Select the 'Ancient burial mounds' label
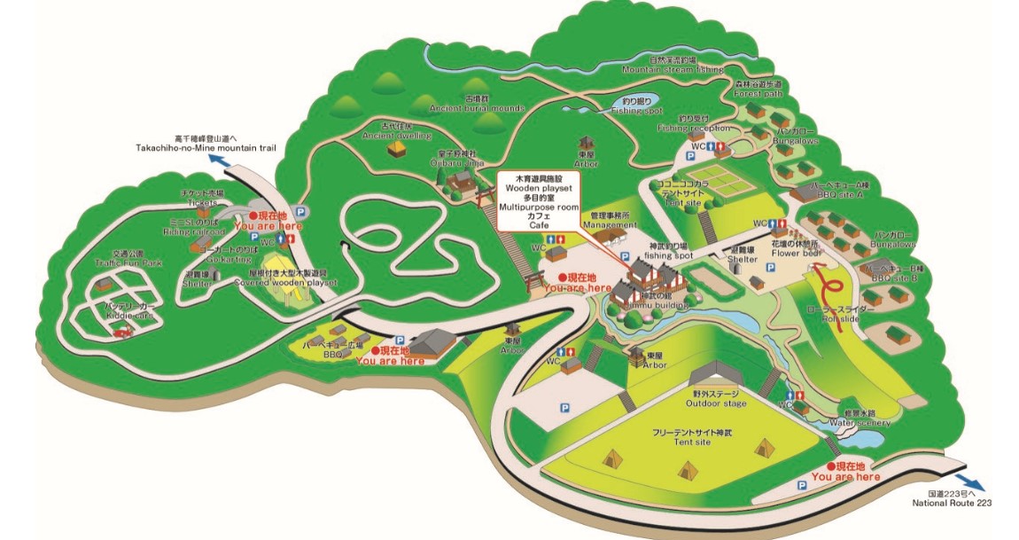[x=477, y=107]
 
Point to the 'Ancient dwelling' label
[x=396, y=136]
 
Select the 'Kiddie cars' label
[x=131, y=315]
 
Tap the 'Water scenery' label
[x=865, y=422]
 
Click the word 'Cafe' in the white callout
[x=539, y=226]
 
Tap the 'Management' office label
[x=605, y=225]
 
